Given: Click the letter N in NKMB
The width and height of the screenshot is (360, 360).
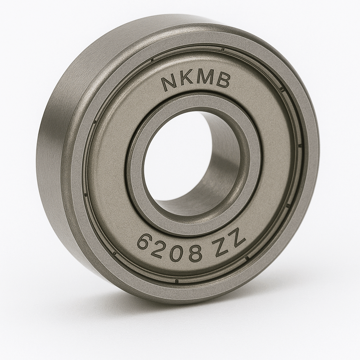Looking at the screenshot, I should pos(169,83).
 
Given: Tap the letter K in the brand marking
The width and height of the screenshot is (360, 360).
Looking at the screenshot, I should pos(186,78).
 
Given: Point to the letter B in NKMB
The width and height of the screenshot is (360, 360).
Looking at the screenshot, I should pos(223,81).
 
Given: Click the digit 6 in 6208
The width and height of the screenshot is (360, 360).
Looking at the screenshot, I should pos(144,242).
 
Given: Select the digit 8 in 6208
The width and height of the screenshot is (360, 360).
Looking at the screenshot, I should pos(194,252).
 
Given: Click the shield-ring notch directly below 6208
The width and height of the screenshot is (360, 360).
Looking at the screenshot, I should pos(177,281).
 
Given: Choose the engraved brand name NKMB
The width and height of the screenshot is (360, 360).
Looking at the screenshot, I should pos(195,79).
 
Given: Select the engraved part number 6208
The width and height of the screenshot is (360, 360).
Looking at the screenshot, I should pos(169,248).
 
